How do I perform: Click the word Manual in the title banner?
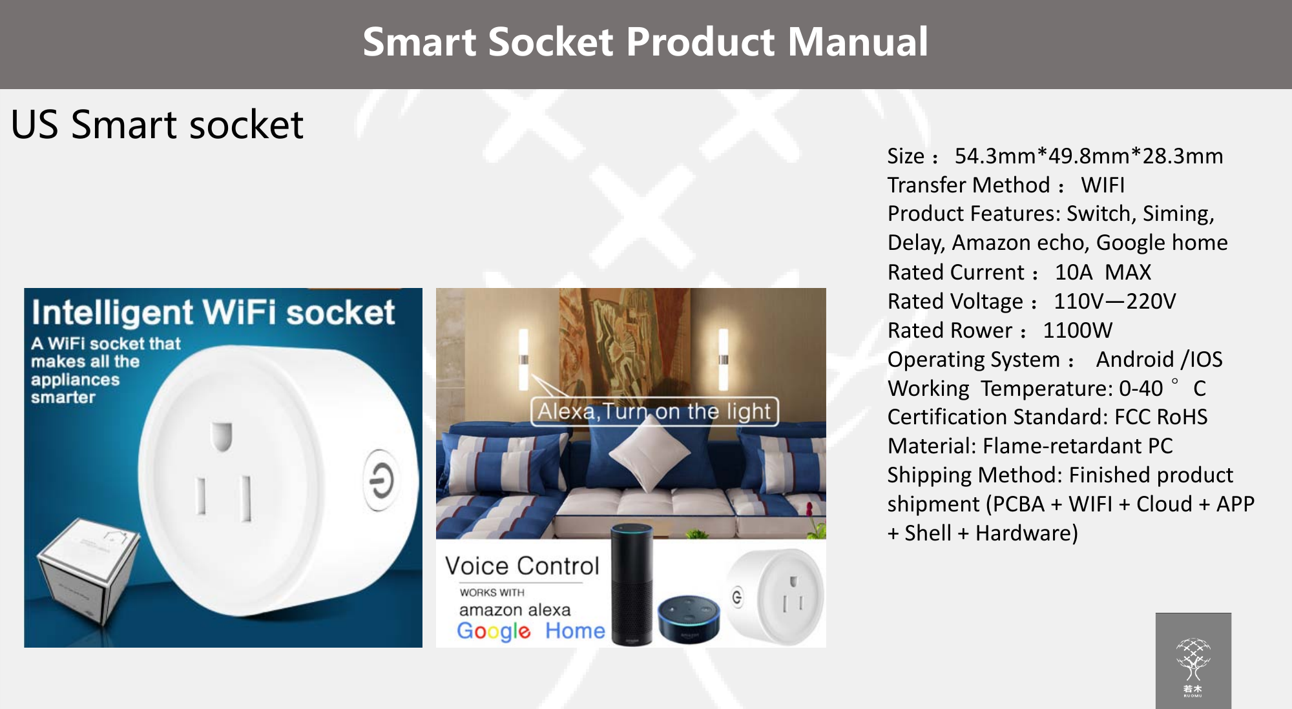(857, 42)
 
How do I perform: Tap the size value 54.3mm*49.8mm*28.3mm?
(1089, 156)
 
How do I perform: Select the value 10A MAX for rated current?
(1103, 272)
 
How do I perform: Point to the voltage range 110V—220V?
(1114, 301)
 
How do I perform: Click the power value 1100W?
(1078, 330)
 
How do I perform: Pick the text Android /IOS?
(1159, 359)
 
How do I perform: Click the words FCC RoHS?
(1161, 416)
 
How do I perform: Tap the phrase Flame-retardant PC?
(1078, 446)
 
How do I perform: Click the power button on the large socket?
(381, 480)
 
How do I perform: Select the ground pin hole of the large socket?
(221, 436)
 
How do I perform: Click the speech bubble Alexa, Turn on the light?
(654, 411)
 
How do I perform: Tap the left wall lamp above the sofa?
(523, 359)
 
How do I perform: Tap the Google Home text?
(530, 631)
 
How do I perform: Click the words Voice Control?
(522, 566)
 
